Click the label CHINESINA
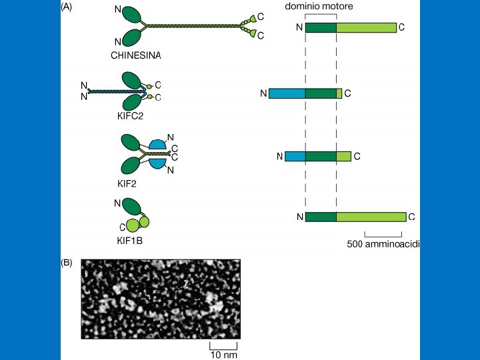tap(135, 56)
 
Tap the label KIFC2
tap(130, 116)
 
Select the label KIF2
tap(127, 183)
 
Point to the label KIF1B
tap(129, 241)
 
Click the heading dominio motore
tap(319, 6)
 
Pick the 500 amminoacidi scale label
tap(384, 245)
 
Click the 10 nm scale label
tap(224, 355)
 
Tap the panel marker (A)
tap(66, 7)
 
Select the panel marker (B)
tap(66, 263)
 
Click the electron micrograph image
tap(160, 299)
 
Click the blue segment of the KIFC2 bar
tap(287, 94)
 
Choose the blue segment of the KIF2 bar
tap(295, 157)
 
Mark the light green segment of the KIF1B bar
tap(371, 217)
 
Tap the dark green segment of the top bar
tap(321, 27)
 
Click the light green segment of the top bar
tap(366, 27)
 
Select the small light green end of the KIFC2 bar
tap(339, 94)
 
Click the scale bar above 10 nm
tap(224, 345)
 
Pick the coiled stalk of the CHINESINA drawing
tap(193, 27)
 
